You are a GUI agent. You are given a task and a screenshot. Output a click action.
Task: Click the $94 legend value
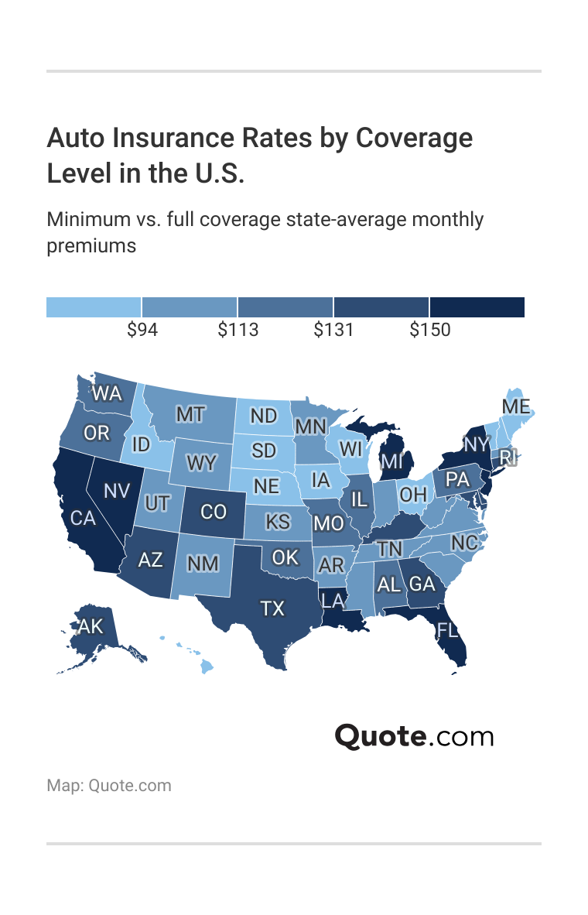(x=142, y=330)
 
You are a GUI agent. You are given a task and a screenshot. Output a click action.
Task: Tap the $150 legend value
(x=429, y=330)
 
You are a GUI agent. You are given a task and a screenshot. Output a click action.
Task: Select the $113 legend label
(x=238, y=330)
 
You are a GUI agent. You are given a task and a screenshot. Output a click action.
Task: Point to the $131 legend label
(x=333, y=330)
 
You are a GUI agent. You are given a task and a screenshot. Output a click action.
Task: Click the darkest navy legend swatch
(x=477, y=307)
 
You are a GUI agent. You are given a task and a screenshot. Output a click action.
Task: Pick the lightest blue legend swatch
(x=94, y=307)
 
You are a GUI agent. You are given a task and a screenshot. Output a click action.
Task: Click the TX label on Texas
(x=272, y=608)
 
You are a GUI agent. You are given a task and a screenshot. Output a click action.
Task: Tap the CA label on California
(x=83, y=518)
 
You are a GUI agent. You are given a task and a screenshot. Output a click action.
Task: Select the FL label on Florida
(x=447, y=629)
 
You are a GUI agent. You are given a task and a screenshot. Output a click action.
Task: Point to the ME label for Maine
(x=516, y=407)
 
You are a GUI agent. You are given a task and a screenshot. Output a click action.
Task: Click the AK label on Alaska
(x=91, y=626)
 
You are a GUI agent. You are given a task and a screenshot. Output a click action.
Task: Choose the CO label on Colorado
(x=214, y=512)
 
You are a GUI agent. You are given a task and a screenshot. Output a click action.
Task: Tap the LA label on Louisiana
(x=333, y=599)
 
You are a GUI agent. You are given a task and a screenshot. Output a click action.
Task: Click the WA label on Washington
(x=107, y=393)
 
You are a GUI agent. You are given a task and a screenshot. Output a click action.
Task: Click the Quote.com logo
(x=414, y=735)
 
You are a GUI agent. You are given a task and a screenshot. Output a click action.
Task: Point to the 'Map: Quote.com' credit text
(x=109, y=786)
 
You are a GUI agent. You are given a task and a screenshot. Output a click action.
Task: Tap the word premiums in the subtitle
(x=91, y=246)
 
